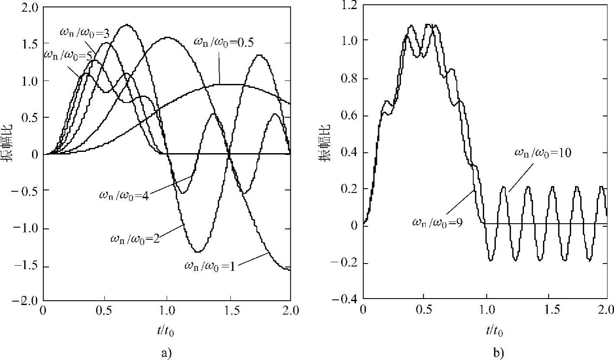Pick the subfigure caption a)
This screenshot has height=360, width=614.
tap(167, 353)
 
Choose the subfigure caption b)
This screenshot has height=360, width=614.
tap(498, 353)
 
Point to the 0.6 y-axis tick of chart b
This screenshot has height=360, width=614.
tap(349, 116)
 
